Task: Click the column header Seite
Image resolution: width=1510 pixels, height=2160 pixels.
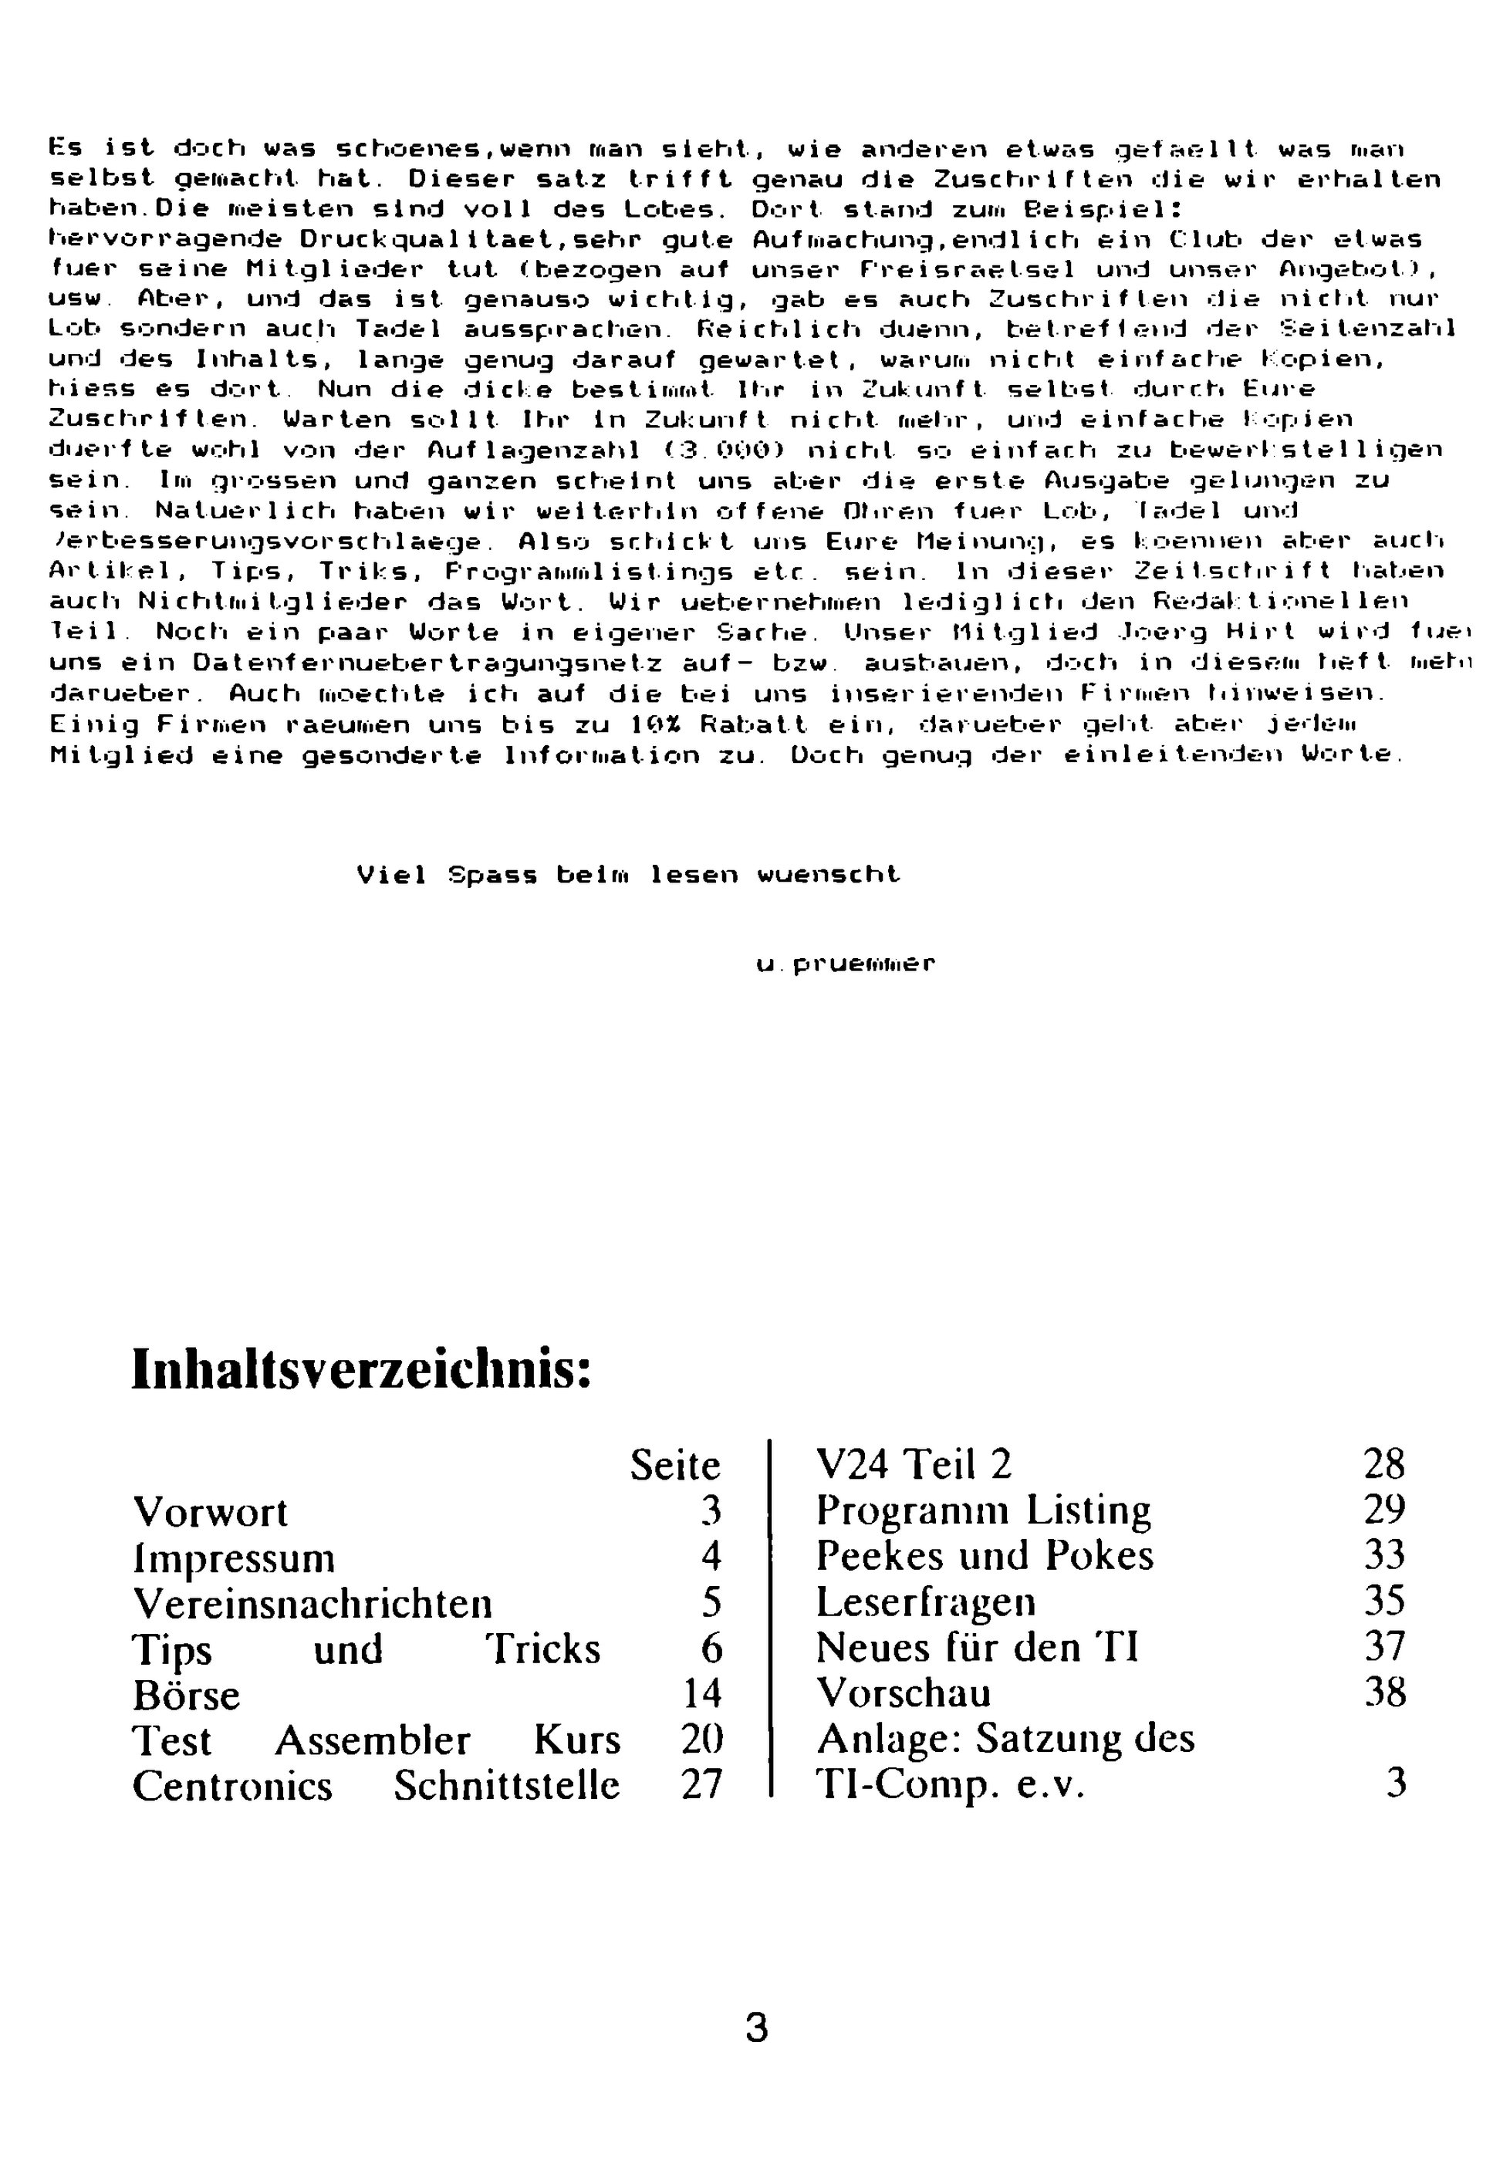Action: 674,1466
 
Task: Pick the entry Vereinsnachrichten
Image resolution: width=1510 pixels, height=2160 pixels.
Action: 312,1603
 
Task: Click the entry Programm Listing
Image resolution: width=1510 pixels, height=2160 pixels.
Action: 983,1511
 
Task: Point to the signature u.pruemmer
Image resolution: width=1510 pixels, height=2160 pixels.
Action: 845,964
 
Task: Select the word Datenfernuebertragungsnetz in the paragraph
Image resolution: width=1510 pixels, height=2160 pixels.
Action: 427,664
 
